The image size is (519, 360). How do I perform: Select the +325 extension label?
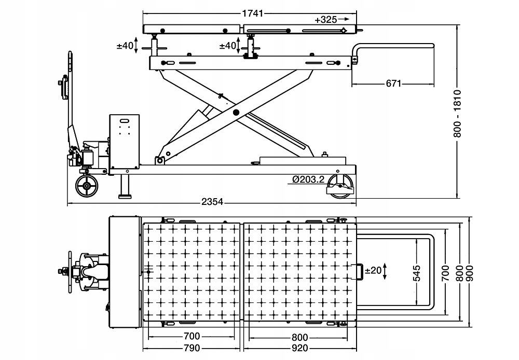click(325, 20)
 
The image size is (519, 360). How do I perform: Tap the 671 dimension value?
click(393, 84)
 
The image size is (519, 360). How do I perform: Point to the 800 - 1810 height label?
click(457, 114)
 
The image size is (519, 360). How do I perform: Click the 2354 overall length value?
click(212, 202)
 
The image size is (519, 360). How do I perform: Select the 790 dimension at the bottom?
click(192, 348)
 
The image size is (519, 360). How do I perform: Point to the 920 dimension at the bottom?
click(299, 348)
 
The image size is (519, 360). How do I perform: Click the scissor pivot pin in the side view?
click(236, 112)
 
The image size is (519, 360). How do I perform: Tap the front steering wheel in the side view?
click(86, 186)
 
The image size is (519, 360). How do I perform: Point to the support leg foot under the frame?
click(125, 196)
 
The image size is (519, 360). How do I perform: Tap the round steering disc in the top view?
click(70, 271)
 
